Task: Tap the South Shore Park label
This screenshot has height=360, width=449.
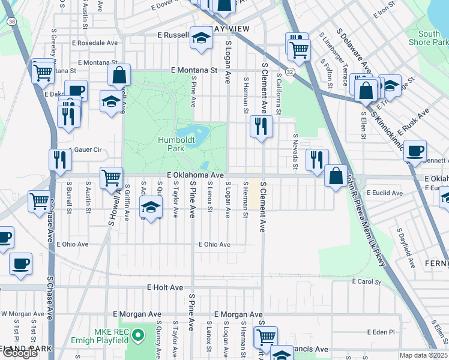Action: [x=432, y=38]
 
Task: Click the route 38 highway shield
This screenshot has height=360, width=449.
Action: [x=12, y=21]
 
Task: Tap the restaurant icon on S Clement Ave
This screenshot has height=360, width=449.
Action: [x=261, y=126]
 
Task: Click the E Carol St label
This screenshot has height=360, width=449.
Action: [x=367, y=281]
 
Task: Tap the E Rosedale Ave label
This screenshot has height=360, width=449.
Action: [x=95, y=43]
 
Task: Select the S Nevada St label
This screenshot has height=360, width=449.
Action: [x=295, y=147]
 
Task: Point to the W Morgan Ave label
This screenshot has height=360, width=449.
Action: [x=22, y=314]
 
